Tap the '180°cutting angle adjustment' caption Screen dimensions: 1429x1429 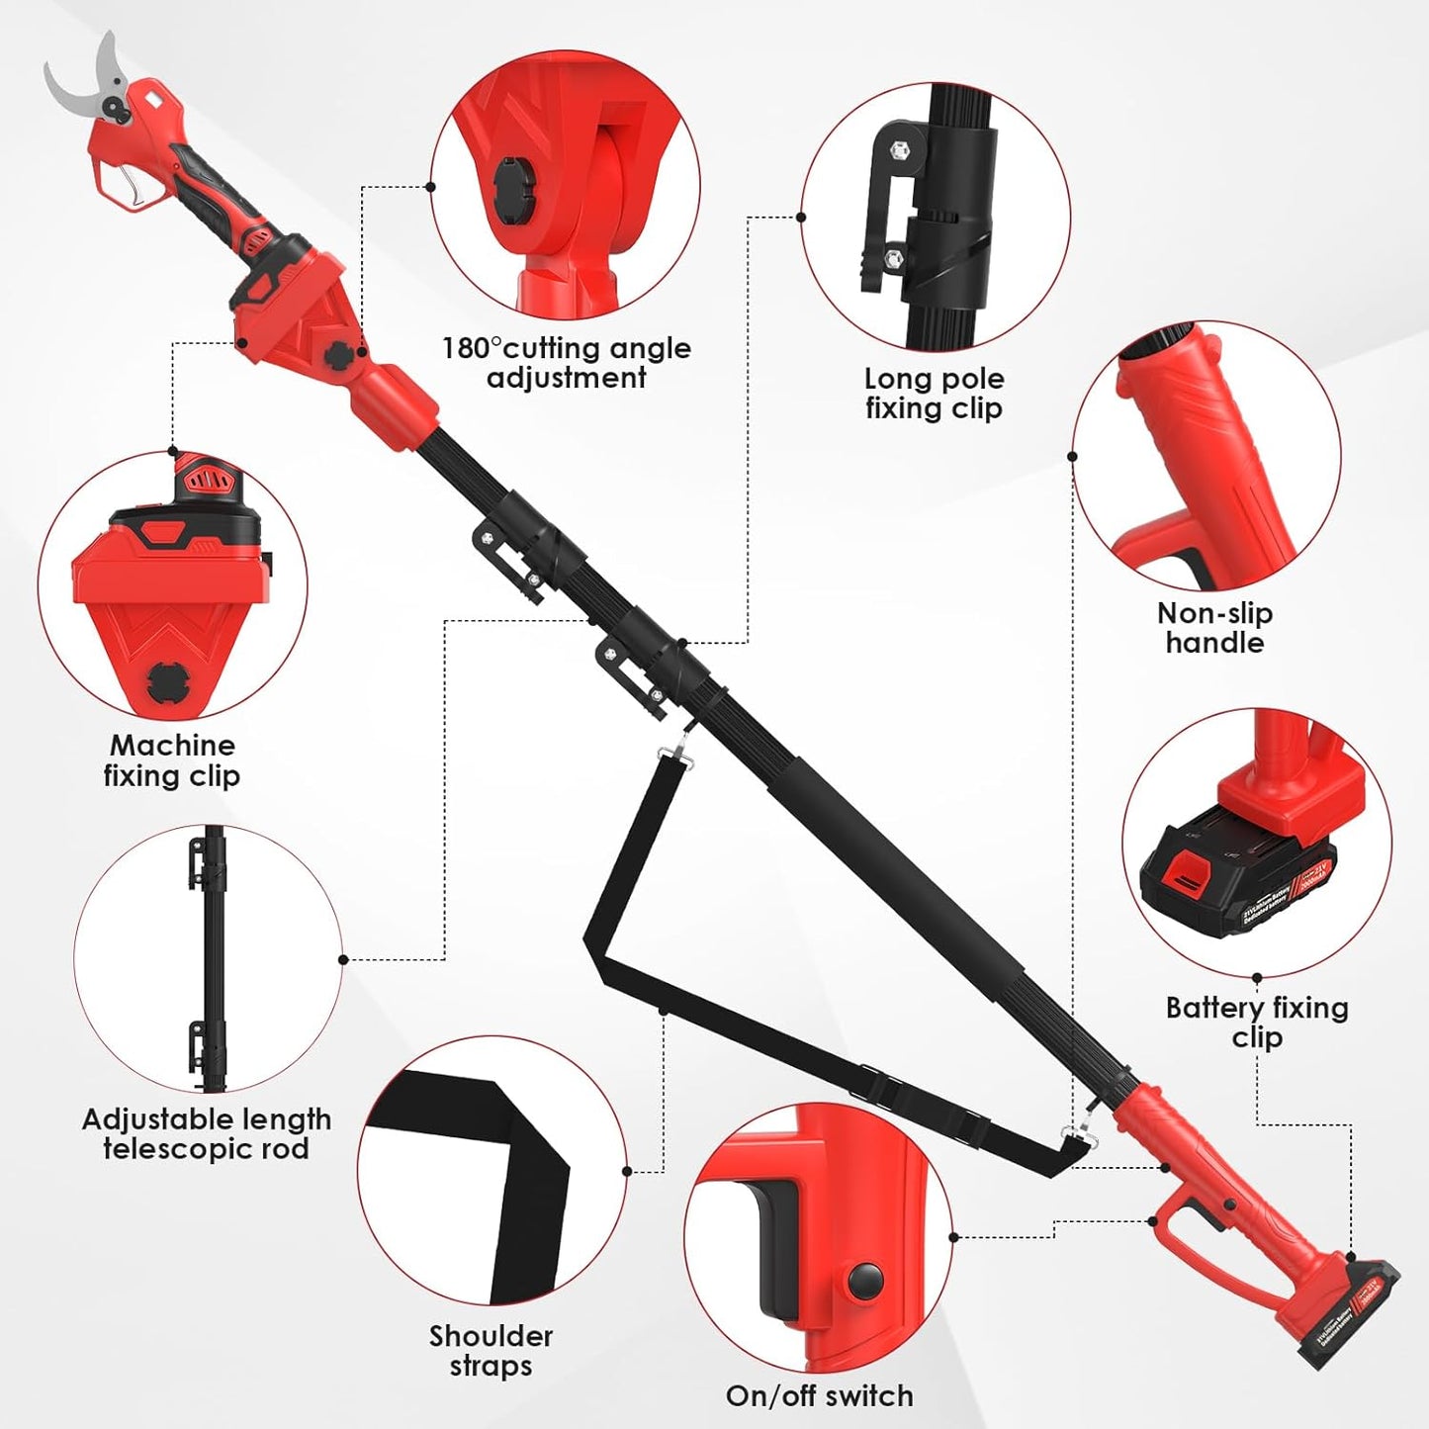(566, 363)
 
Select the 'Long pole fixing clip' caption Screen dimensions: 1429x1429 (934, 394)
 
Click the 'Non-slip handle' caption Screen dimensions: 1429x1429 (1214, 628)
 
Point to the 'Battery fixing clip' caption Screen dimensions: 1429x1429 (1257, 1023)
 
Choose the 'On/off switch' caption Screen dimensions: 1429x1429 (819, 1396)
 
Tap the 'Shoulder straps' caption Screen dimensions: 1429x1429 (491, 1351)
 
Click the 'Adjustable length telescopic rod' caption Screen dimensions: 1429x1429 (206, 1134)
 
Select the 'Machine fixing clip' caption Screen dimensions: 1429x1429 (172, 760)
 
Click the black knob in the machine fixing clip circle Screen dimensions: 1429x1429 (162, 680)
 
